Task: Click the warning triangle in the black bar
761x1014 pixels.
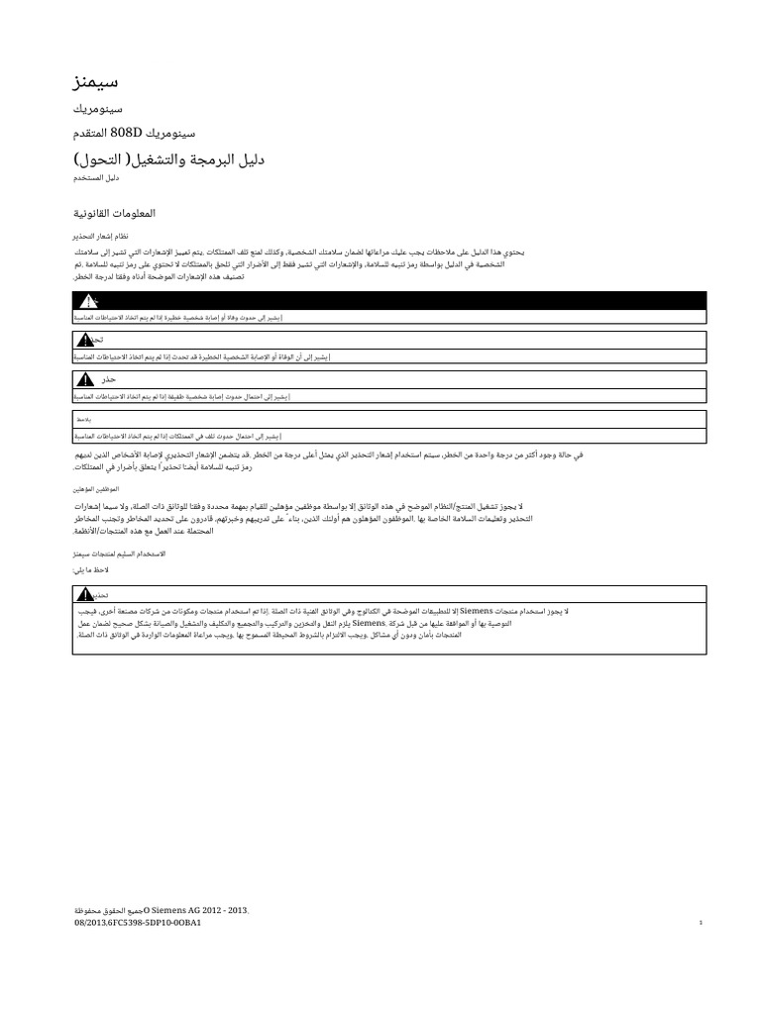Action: [88, 300]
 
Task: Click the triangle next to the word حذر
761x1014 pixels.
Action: [87, 379]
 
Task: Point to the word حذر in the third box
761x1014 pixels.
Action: [109, 380]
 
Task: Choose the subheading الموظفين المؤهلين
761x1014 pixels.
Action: [98, 489]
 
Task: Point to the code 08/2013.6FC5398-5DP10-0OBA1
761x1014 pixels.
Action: [139, 922]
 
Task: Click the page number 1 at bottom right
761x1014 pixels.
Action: [700, 923]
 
